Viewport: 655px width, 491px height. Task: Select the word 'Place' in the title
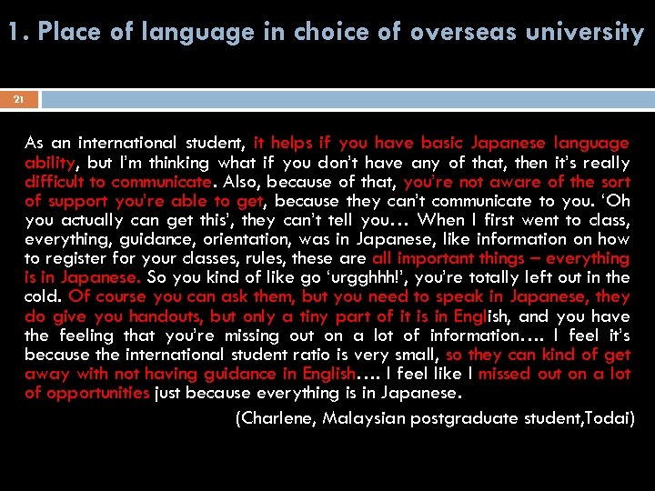click(x=64, y=33)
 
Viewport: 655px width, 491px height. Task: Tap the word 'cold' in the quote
click(x=44, y=296)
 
